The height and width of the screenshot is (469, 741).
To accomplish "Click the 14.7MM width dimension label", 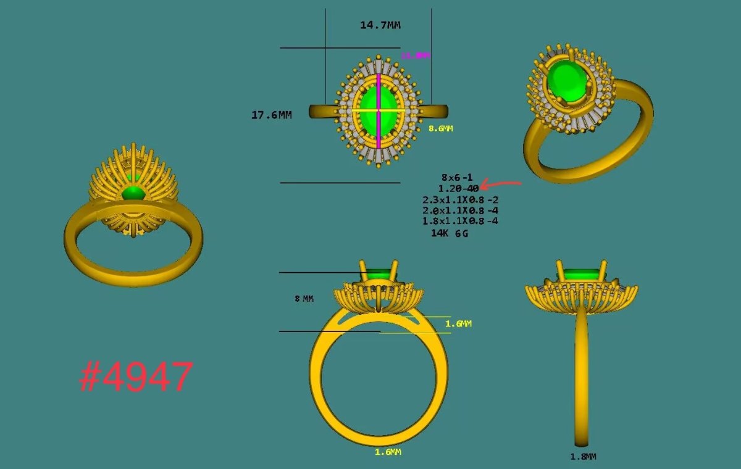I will (x=380, y=25).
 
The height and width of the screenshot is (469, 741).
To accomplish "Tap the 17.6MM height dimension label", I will (x=271, y=115).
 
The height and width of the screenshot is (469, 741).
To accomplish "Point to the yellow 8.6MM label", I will (x=441, y=129).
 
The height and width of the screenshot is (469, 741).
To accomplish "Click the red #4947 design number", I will (x=136, y=377).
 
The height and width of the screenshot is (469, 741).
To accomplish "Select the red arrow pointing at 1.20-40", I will (x=501, y=184).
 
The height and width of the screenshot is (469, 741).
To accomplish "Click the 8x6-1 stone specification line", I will (x=457, y=178).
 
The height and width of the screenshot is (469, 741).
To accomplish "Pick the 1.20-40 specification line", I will (x=458, y=188).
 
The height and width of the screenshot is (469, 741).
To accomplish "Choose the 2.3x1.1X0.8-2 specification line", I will (x=460, y=199).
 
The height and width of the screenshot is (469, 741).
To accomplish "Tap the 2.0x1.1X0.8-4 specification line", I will (x=460, y=210).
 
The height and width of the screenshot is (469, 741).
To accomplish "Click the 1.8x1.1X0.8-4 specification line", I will (x=460, y=220).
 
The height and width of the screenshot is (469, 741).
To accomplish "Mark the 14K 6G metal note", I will (x=449, y=234).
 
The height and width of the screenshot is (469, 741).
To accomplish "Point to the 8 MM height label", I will (x=304, y=299).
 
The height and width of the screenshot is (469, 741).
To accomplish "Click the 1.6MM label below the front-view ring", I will (x=388, y=452).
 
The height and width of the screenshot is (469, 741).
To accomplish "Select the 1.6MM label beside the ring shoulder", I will (x=458, y=323).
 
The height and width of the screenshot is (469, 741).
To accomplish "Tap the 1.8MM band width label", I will (x=583, y=457).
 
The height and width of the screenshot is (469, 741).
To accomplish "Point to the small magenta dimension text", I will (x=415, y=56).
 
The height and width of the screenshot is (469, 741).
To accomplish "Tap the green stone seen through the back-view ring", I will (x=133, y=193).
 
